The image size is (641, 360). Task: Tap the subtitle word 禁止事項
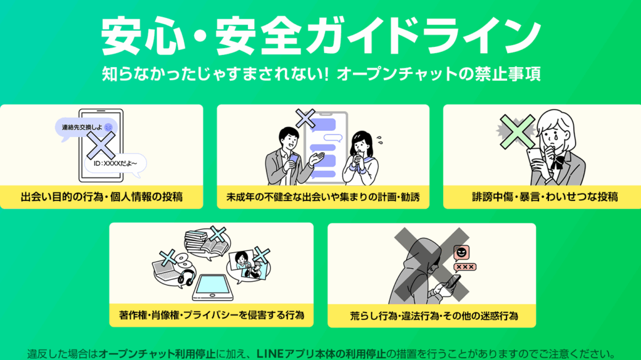tap(514, 75)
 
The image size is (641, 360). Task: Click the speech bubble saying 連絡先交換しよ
tap(85, 128)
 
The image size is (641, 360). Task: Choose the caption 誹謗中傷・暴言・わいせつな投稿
tap(545, 197)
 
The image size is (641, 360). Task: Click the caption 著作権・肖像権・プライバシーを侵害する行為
tap(212, 313)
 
